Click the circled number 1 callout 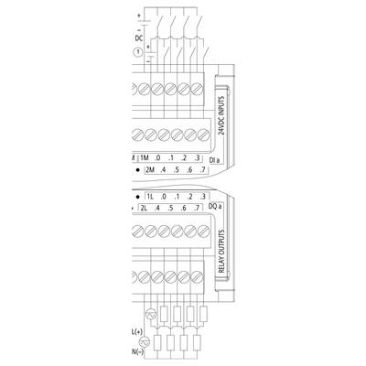click(x=138, y=52)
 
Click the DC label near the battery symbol click(x=139, y=38)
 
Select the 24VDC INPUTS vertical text click(x=222, y=116)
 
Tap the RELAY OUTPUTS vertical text click(x=222, y=252)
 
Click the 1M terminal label click(x=144, y=158)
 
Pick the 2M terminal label click(x=150, y=170)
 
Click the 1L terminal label click(x=150, y=197)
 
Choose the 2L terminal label click(x=144, y=209)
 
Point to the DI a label click(x=215, y=160)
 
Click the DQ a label click(x=215, y=207)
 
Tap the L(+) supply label click(x=137, y=331)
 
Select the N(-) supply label click(x=137, y=352)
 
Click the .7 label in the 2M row click(x=202, y=170)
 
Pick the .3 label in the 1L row click(x=203, y=197)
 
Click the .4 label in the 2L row click(x=157, y=209)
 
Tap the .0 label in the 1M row click(x=157, y=158)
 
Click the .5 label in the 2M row click(x=177, y=170)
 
